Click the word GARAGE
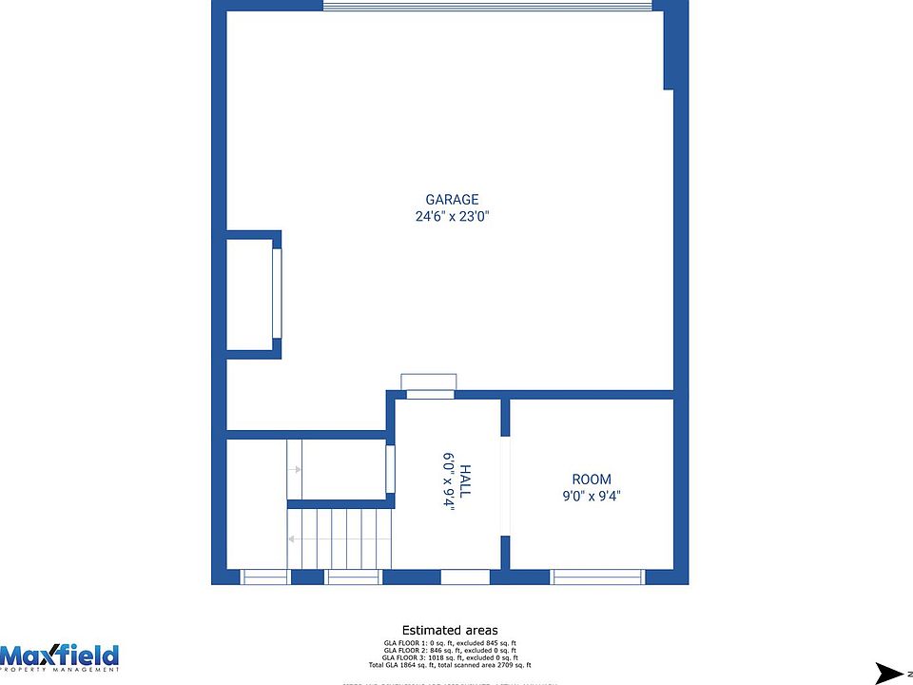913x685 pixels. [x=452, y=200]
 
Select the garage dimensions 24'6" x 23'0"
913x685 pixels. [x=452, y=216]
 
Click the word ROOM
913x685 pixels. [x=592, y=479]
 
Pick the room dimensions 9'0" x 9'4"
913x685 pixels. [x=592, y=496]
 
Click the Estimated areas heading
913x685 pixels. [x=450, y=630]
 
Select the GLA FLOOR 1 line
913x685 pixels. [x=450, y=642]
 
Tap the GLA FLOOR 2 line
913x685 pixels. [x=450, y=650]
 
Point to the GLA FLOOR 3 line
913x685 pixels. [x=450, y=657]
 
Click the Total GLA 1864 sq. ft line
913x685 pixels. [x=450, y=665]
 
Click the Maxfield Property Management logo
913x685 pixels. [x=60, y=657]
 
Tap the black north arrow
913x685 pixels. [x=891, y=673]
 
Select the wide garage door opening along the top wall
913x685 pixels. [x=487, y=7]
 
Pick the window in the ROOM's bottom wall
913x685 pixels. [x=597, y=577]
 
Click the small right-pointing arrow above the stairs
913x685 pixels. [x=296, y=469]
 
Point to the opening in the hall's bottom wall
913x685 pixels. [x=465, y=577]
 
